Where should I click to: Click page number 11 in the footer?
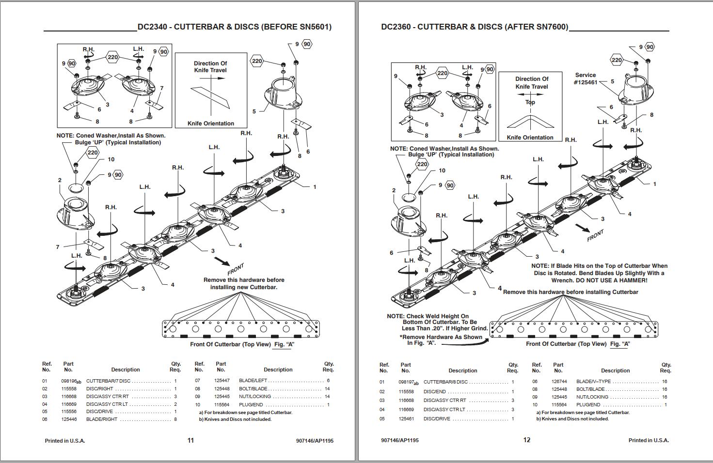190,440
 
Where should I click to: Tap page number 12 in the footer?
527,440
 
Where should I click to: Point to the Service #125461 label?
585,79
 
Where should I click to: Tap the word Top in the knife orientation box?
530,102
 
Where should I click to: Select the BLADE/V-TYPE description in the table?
593,382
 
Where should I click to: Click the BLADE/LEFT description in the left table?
253,381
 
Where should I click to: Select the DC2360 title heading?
475,27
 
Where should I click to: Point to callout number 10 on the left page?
111,159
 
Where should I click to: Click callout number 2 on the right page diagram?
394,190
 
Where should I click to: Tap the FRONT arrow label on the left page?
236,269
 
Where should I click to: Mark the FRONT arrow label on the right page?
595,235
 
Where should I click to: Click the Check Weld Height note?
438,322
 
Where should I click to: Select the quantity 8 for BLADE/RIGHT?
175,419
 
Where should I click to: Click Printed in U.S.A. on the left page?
64,441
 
